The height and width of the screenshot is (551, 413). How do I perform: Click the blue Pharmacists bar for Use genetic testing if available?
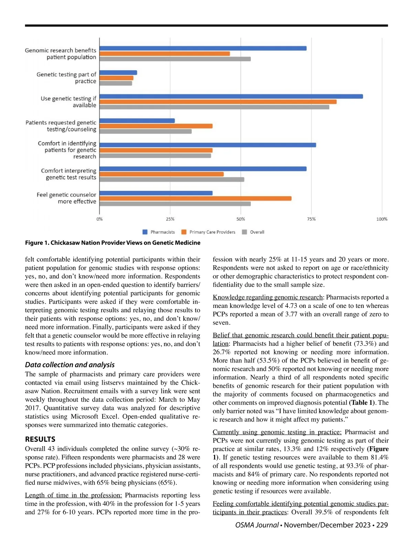(231, 96)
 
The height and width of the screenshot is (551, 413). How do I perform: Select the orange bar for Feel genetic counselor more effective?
(195, 198)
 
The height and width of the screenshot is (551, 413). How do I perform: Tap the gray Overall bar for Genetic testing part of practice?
(116, 83)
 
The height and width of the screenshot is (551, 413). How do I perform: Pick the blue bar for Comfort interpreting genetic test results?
(203, 169)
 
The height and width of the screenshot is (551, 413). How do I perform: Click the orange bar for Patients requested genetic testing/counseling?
(156, 126)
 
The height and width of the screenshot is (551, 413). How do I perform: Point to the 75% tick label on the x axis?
(311, 219)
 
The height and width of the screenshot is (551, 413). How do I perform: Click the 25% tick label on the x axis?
(170, 219)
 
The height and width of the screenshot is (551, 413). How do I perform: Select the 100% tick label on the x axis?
(382, 219)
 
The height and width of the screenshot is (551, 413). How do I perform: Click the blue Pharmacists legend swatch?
(145, 232)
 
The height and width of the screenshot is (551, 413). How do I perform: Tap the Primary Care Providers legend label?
(212, 232)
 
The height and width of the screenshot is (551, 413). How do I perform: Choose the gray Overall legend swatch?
(244, 232)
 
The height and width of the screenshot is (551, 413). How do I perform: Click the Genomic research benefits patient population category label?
(61, 54)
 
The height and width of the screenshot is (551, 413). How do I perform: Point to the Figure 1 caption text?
(113, 243)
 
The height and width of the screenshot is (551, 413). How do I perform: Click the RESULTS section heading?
(40, 439)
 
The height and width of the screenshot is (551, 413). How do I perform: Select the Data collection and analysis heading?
(70, 365)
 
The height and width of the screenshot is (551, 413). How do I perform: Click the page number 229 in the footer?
(382, 525)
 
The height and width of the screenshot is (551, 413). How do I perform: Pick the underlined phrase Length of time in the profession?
(73, 495)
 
